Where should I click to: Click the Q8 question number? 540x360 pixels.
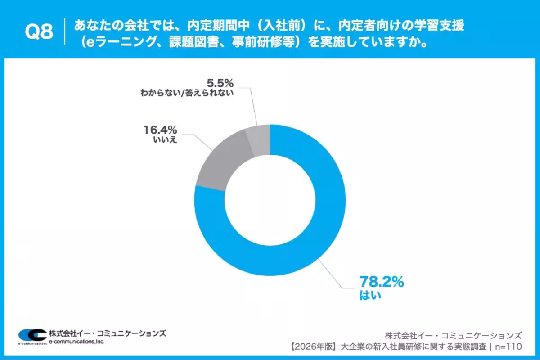[38, 32]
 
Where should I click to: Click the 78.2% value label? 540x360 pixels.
[381, 282]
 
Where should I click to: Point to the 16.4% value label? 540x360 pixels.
[160, 130]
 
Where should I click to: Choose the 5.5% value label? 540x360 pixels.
[220, 83]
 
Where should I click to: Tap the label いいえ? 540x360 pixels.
[165, 140]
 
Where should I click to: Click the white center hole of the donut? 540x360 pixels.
[270, 200]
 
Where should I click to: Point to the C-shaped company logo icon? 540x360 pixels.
[32, 335]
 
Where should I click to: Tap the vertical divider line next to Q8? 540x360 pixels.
[65, 31]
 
